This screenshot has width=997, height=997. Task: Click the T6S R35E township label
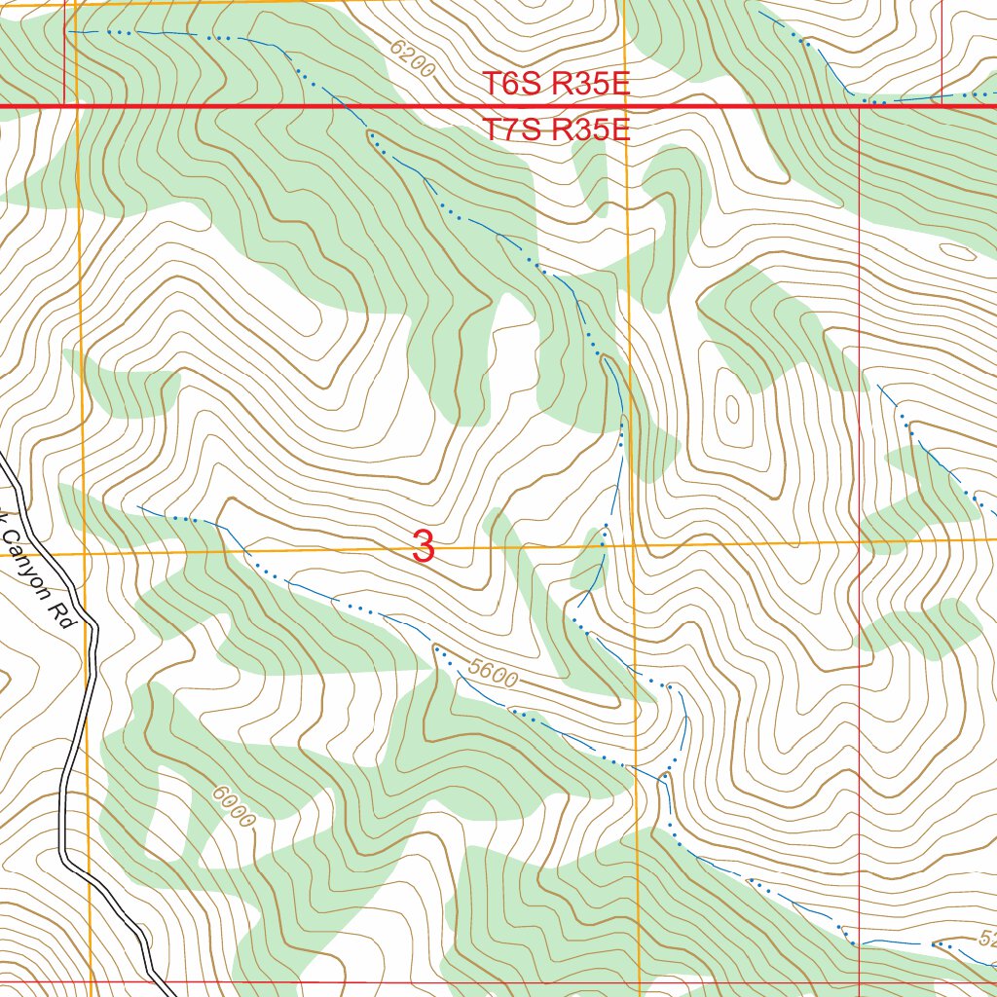coord(557,84)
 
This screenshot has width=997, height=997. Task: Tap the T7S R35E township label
coord(557,129)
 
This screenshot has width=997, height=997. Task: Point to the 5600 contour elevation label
coord(492,673)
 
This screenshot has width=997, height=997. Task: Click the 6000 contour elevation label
coord(233,807)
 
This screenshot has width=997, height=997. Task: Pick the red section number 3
coord(423,546)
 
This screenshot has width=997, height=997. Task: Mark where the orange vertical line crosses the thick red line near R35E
coord(624,105)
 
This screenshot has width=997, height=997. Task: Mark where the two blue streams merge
coord(665,775)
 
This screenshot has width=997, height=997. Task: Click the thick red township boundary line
coord(292,105)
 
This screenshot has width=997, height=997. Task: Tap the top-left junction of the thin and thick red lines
coord(64,105)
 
